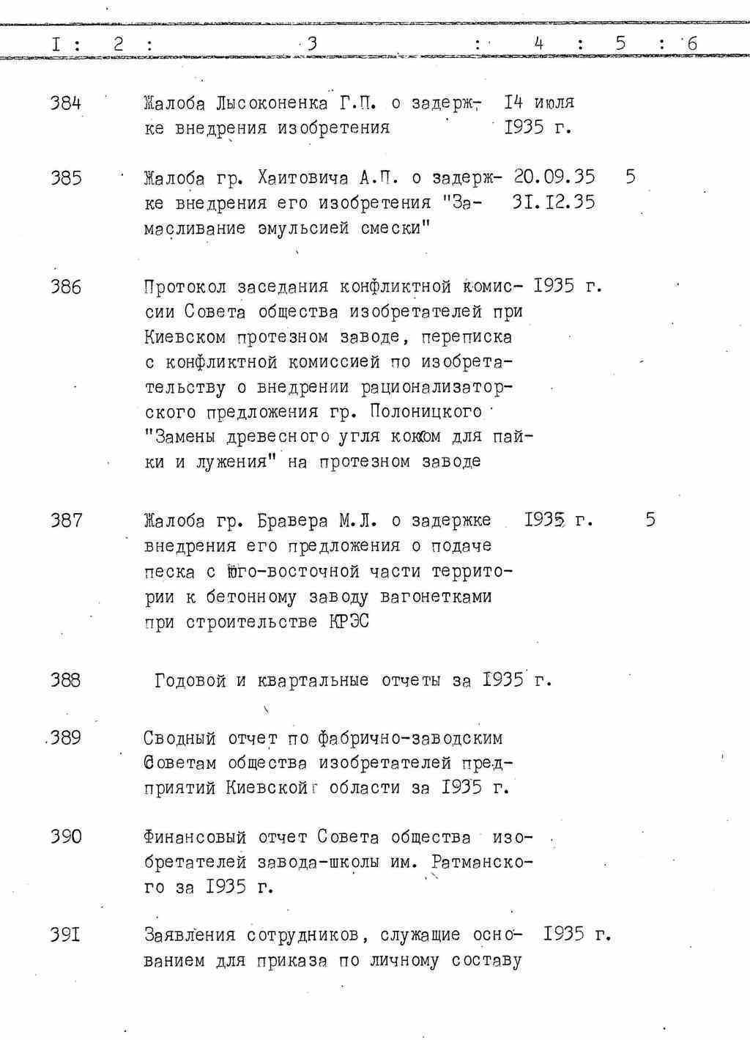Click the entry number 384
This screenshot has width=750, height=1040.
point(65,103)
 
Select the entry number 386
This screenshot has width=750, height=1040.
point(65,287)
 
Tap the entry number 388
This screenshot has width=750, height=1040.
point(65,680)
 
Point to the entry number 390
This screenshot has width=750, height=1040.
point(65,837)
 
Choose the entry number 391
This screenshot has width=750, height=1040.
point(65,935)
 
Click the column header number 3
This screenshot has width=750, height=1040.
point(312,44)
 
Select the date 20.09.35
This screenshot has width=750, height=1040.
point(554,177)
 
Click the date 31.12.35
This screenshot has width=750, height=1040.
point(554,202)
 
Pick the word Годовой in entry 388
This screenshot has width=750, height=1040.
point(190,681)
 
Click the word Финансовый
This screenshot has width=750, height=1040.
point(195,837)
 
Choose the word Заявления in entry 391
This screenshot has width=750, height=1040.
point(190,935)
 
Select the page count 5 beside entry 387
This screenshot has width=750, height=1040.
point(650,520)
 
